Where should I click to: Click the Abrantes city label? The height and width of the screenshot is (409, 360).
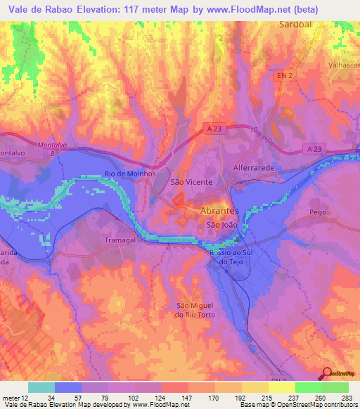220,211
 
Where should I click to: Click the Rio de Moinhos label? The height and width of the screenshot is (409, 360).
129,173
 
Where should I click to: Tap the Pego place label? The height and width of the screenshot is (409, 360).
318,211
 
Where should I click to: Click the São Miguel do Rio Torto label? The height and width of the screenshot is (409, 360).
195,310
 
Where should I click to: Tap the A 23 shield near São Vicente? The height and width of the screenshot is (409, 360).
217,128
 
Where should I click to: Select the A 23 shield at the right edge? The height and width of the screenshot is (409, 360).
316,148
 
